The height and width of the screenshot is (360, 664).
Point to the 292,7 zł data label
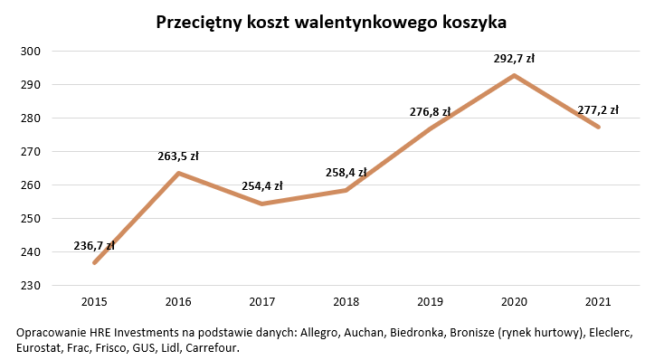tap(514, 59)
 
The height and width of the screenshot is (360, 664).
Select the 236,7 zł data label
tap(94, 246)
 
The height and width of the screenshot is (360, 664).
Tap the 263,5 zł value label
tap(178, 156)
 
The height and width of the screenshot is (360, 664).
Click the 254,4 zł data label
tap(262, 187)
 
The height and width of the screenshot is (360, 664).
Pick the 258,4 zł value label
tap(346, 173)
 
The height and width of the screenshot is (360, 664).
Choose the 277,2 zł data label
tap(598, 110)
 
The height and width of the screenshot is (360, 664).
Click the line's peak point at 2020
tap(514, 75)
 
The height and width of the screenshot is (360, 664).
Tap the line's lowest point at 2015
tap(94, 263)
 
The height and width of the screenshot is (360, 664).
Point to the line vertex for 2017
tap(262, 204)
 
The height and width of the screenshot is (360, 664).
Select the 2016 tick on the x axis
tap(178, 301)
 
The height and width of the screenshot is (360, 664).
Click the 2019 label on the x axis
tap(430, 301)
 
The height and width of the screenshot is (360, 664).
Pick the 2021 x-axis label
tap(598, 301)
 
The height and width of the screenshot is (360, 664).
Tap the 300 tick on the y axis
tap(32, 52)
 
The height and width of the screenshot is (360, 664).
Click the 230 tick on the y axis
tap(32, 286)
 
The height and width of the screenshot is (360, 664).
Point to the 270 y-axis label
tap(32, 152)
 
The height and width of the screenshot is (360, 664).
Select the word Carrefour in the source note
tap(212, 347)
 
